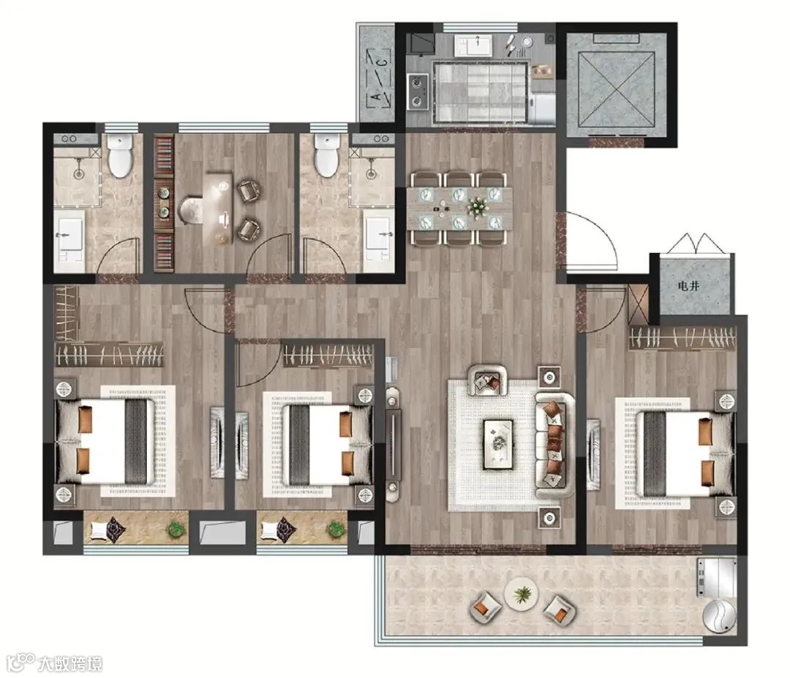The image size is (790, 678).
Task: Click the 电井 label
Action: [688, 286]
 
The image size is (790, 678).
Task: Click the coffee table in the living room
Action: [498, 444]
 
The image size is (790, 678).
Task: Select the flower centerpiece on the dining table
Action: [477, 206]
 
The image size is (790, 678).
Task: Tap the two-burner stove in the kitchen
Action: [418, 92]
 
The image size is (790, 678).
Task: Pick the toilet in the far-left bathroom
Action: [119, 156]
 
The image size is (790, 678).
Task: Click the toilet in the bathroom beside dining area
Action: [327, 156]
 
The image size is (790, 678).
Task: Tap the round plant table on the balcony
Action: [521, 595]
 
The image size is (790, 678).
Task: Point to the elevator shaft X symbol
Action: [617, 89]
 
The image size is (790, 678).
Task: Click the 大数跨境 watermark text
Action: [70, 663]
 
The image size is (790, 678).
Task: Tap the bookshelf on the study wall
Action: [163, 203]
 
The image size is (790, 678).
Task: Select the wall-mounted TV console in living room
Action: [393, 444]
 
